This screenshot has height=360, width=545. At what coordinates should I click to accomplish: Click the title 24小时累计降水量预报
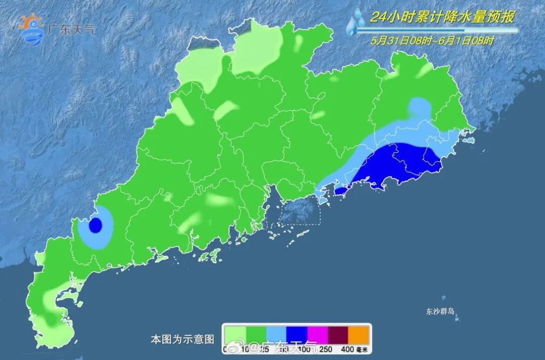tap(442, 17)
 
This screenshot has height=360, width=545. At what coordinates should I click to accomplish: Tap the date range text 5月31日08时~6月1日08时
tap(432, 41)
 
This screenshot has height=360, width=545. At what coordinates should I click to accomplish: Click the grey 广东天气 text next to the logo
tap(70, 29)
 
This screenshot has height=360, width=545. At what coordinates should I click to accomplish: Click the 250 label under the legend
tap(325, 349)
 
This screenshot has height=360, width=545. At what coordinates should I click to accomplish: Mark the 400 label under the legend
tap(347, 349)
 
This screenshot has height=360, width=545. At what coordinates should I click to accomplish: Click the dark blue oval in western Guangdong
tap(95, 225)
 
